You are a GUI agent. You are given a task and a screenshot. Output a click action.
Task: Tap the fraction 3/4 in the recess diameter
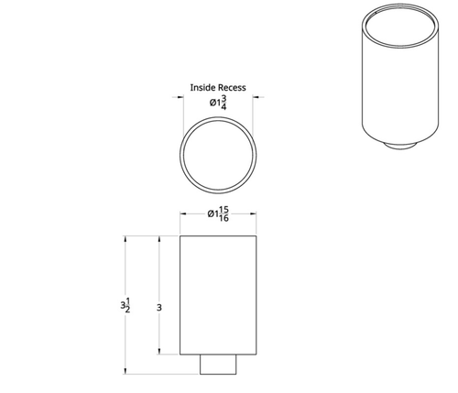[x=224, y=103]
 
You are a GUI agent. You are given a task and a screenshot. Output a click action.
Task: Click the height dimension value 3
[x=159, y=309]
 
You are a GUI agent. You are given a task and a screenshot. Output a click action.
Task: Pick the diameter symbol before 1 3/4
[x=212, y=103]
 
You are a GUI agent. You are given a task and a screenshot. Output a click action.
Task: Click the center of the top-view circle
[x=218, y=158]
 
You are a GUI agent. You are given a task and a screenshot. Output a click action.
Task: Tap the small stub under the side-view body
[x=219, y=364]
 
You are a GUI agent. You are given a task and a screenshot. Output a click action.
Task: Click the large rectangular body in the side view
[x=218, y=293]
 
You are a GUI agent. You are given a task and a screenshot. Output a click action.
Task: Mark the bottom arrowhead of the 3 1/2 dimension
[x=125, y=371]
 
